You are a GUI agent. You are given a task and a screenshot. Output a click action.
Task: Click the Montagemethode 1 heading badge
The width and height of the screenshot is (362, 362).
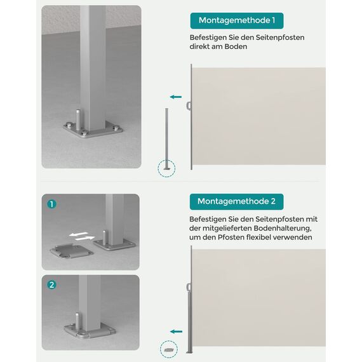(x=236, y=21)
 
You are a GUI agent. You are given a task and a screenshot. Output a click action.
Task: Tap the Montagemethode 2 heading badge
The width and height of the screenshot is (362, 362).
(x=236, y=201)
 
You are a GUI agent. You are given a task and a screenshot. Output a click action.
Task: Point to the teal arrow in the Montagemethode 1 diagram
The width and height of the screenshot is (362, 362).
(x=175, y=97)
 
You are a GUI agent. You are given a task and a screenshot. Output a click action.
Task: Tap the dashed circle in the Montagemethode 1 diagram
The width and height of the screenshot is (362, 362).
(x=167, y=168)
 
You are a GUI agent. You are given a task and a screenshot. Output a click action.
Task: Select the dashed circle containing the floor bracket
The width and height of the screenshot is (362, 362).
(x=169, y=349)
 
